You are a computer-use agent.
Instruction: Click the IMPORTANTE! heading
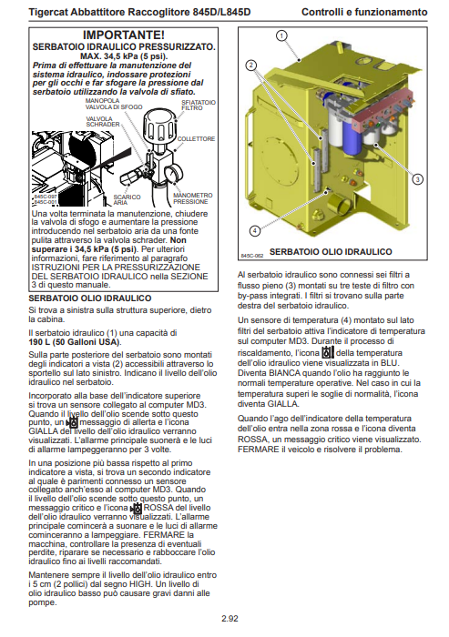[x=124, y=35]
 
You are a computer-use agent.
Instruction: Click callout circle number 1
[x=281, y=35]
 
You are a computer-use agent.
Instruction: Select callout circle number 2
[x=251, y=66]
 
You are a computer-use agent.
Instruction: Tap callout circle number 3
[x=417, y=178]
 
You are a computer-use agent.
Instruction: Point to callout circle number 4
[x=255, y=231]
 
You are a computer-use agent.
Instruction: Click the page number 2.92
[x=230, y=619]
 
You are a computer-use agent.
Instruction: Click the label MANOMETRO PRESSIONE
[x=193, y=198]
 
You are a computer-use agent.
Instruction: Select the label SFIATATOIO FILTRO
[x=199, y=106]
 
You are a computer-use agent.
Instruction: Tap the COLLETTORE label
[x=196, y=139]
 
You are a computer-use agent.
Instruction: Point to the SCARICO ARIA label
[x=127, y=200]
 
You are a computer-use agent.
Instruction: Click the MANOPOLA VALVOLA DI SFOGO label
[x=114, y=104]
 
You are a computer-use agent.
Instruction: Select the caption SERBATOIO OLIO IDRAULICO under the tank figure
[x=331, y=252]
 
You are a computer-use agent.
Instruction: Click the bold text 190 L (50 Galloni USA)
[x=75, y=342]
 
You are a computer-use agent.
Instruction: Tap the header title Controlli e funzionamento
[x=364, y=12]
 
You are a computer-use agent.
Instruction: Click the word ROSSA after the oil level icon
[x=158, y=508]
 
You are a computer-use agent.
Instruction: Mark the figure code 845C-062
[x=252, y=256]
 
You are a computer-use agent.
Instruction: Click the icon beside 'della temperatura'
[x=328, y=352]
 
